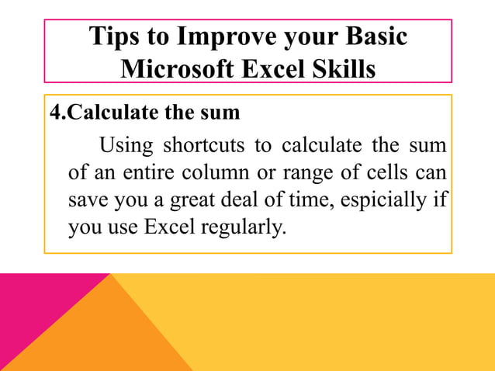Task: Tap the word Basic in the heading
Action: pos(372,36)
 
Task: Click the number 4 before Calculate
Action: pos(54,113)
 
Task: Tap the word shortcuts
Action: pos(212,145)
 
